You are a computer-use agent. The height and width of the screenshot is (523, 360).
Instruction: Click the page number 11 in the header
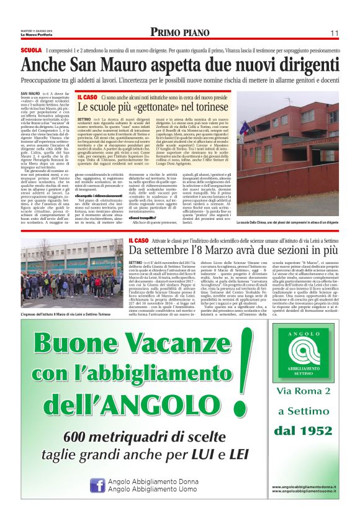click(x=333, y=33)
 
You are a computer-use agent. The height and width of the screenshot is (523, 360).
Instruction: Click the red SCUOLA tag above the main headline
click(x=31, y=49)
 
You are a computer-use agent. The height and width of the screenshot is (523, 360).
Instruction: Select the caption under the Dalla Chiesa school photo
click(x=288, y=222)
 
